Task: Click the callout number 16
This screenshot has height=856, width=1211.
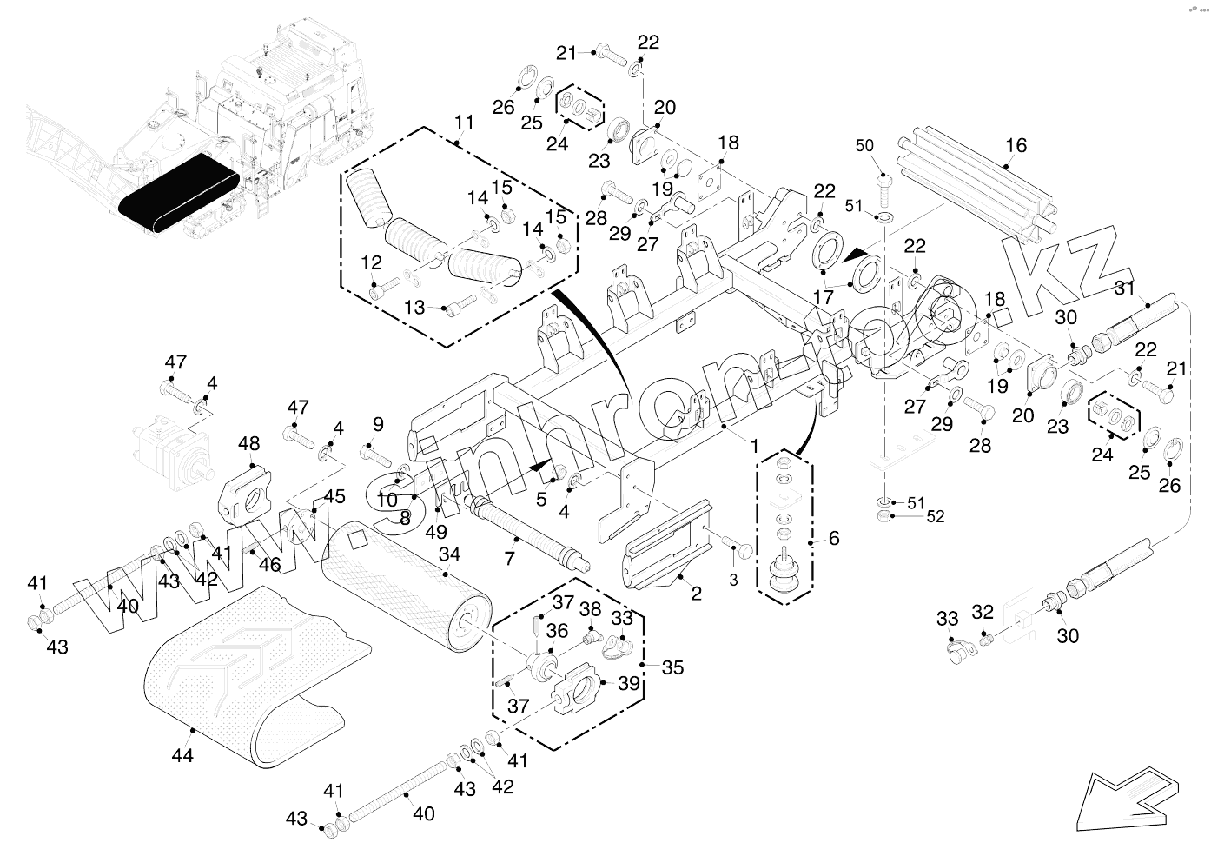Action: coord(1016,145)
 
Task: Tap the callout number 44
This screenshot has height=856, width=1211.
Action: coord(182,755)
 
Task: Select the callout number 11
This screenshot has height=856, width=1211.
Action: coord(465,121)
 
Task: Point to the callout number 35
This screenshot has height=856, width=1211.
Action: coord(672,667)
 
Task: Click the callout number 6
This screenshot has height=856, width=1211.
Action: coord(833,539)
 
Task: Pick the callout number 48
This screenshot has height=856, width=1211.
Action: coord(249,444)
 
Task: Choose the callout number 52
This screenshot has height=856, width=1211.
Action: coord(935,517)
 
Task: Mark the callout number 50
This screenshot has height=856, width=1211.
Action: coord(864,145)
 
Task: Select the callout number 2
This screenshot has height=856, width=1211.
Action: coord(696,594)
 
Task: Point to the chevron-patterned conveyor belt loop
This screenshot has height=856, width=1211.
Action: coord(243,669)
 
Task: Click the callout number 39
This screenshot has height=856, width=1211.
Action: coord(629,684)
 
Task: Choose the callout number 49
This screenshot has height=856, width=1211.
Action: coord(436,531)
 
